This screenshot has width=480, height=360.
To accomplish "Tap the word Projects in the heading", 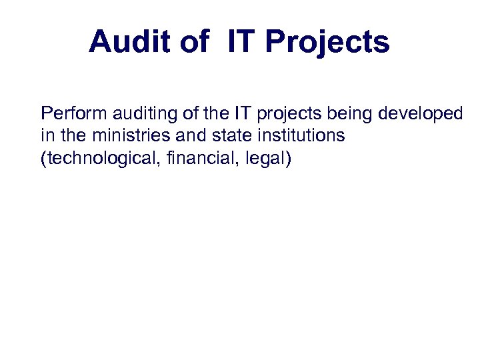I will coord(327,43).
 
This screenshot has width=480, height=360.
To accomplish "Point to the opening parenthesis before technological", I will coord(43,160).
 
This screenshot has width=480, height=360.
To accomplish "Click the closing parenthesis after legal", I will coord(288,160).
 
